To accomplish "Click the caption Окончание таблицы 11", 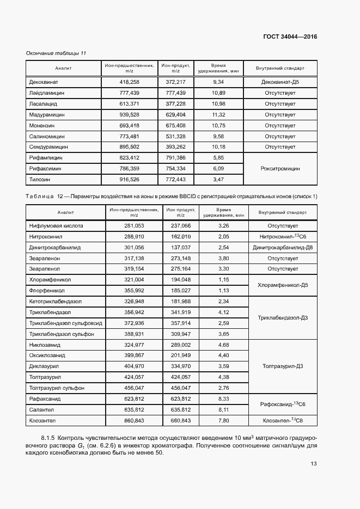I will pos(57,53).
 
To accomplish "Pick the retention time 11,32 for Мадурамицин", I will pos(218,114).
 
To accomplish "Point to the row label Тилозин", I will pos(40,179).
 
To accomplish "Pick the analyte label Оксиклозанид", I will pos(47,355).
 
